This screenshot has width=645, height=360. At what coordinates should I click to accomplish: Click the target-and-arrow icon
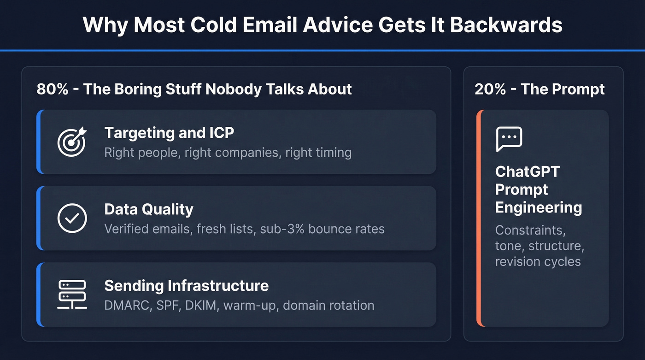[72, 142]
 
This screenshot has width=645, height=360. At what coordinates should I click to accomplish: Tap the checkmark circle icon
[72, 218]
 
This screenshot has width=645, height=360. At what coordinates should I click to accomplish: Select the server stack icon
[72, 295]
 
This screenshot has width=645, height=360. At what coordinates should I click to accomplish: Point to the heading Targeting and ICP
[169, 133]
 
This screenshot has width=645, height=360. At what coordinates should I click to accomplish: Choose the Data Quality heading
[149, 209]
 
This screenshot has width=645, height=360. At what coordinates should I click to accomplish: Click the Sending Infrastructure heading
[187, 285]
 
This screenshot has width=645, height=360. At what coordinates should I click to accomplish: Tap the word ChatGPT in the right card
[527, 171]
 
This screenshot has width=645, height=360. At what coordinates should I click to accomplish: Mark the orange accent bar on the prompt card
[479, 218]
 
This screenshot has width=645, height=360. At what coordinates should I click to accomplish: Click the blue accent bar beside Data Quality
[39, 218]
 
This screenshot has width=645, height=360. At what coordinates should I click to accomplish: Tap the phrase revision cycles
[538, 261]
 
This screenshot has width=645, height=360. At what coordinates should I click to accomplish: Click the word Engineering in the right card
[539, 207]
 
